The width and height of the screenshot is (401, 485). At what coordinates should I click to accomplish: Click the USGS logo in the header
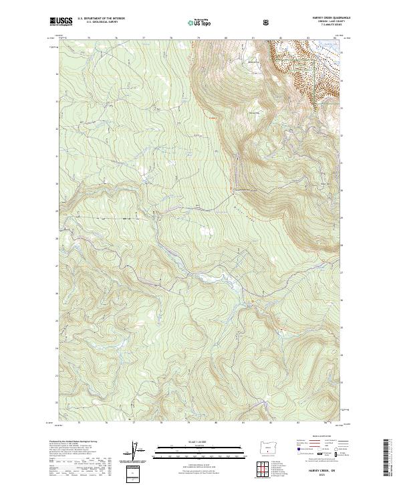61,22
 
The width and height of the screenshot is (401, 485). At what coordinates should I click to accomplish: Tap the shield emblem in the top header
267,22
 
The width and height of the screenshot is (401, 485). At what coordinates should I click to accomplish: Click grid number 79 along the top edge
199,37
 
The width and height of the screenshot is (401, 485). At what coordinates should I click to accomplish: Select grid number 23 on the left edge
55,375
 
